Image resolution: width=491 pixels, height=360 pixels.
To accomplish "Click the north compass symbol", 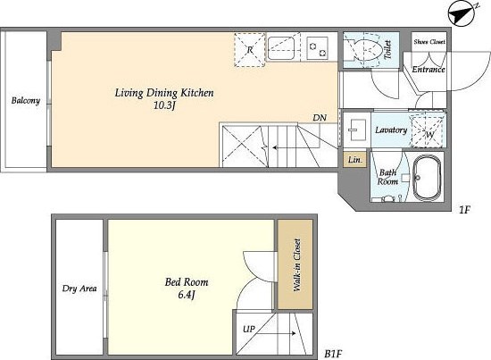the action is [x=462, y=13].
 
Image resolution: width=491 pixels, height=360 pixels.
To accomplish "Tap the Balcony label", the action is [x=26, y=101].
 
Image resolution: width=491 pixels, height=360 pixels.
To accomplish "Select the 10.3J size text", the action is [x=164, y=105].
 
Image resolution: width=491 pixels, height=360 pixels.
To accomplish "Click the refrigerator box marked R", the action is [x=250, y=49].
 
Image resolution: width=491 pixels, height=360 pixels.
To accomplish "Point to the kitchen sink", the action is [x=281, y=48].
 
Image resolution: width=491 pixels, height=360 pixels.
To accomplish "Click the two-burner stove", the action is [x=317, y=48].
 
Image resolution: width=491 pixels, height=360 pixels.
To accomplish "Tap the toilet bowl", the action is [x=366, y=49].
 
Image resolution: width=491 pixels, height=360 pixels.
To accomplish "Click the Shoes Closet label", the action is [x=429, y=42].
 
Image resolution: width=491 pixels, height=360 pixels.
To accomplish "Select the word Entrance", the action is [x=428, y=70].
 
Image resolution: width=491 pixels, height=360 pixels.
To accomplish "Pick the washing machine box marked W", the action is [x=428, y=131].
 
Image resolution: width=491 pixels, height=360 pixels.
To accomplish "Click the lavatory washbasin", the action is [x=357, y=130].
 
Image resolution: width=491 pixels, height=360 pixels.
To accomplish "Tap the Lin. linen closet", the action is [x=354, y=160].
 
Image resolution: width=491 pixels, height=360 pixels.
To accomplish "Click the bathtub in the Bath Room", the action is [x=427, y=177].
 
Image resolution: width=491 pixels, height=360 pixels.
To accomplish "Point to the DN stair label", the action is [x=320, y=118].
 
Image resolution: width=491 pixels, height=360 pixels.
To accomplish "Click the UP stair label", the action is [x=249, y=330].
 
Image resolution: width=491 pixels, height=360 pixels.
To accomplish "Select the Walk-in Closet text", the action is [x=296, y=265].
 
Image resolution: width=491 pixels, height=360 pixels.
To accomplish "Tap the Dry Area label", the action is [x=79, y=289].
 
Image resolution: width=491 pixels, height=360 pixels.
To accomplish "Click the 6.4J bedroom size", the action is [x=187, y=295].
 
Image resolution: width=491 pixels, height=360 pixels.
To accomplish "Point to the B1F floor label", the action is [x=333, y=355].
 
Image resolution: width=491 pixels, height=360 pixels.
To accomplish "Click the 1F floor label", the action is [x=465, y=210].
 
